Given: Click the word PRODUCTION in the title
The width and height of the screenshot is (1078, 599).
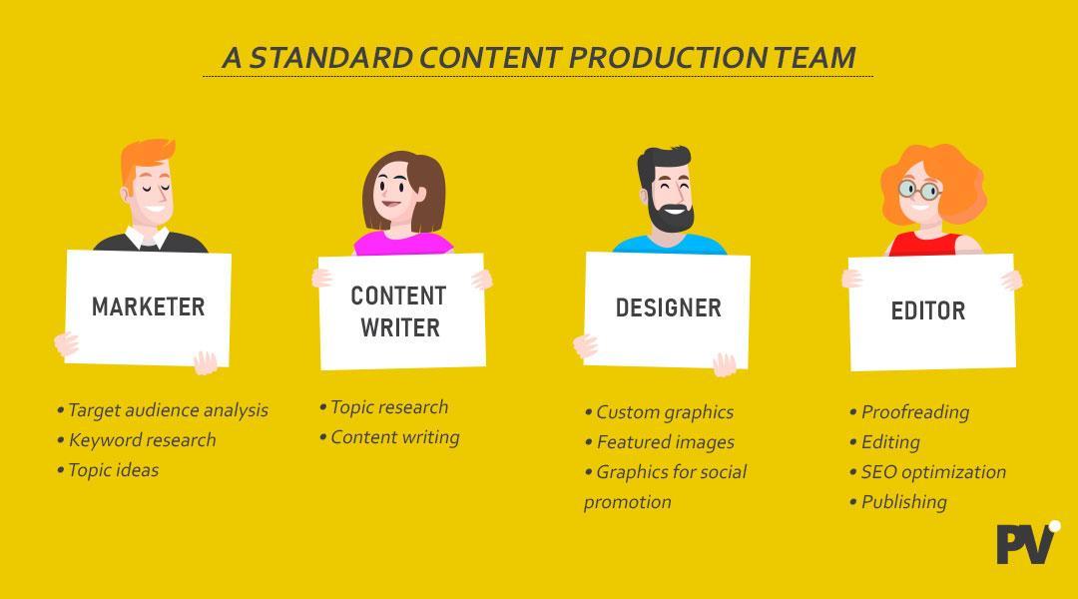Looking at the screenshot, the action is click(666, 58).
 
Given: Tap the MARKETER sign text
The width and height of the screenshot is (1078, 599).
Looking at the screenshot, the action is click(149, 306).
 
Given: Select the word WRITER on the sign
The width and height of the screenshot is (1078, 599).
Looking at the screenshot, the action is click(400, 327).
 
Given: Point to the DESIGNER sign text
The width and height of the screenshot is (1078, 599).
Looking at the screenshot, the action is click(668, 308).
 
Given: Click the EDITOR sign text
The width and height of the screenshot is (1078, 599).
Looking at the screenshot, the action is click(928, 310).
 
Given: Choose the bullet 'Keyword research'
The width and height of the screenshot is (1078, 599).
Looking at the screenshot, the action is click(137, 440).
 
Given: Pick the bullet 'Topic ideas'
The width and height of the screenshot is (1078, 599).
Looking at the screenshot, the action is click(108, 470).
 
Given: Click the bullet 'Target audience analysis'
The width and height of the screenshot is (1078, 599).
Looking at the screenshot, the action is click(163, 410).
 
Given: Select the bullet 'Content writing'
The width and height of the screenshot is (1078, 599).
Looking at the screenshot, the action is click(390, 437).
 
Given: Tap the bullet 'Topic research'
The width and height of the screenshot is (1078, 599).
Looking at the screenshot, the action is click(384, 407).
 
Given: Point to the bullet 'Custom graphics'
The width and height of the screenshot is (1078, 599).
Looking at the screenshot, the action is click(660, 412).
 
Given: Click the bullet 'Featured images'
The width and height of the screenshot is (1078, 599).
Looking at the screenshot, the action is click(660, 442).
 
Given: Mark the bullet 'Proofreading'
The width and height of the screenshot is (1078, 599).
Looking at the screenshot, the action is click(909, 412).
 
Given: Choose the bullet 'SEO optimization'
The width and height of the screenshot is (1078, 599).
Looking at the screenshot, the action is click(928, 472).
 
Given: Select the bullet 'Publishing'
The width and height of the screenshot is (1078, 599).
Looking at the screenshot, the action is click(898, 503).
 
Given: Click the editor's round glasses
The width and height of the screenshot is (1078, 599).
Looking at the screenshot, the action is click(920, 189).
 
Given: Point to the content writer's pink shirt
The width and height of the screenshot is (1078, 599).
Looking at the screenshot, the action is click(403, 244).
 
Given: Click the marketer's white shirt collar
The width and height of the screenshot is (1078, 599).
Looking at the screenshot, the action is click(147, 239).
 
